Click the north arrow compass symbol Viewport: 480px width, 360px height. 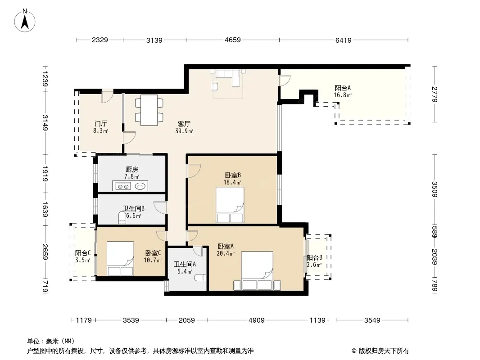[25, 21]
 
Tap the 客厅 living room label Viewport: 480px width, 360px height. [184, 124]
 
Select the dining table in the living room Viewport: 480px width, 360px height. [149, 110]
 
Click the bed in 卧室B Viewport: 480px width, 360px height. [230, 205]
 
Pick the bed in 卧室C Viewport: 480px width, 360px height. [120, 258]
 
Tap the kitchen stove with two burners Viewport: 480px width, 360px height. [122, 186]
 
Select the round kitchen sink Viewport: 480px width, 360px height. [140, 186]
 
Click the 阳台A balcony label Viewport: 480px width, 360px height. [343, 88]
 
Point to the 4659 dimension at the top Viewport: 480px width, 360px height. [233, 40]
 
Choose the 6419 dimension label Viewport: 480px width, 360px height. [344, 40]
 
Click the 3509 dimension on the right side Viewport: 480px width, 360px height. [435, 189]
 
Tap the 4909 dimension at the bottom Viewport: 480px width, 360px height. [257, 320]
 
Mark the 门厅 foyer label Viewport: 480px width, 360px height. [101, 124]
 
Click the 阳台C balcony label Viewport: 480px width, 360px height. [83, 253]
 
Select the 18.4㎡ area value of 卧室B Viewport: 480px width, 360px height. [232, 182]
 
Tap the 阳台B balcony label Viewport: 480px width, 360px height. [314, 257]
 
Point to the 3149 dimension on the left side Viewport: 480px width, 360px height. [45, 122]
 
